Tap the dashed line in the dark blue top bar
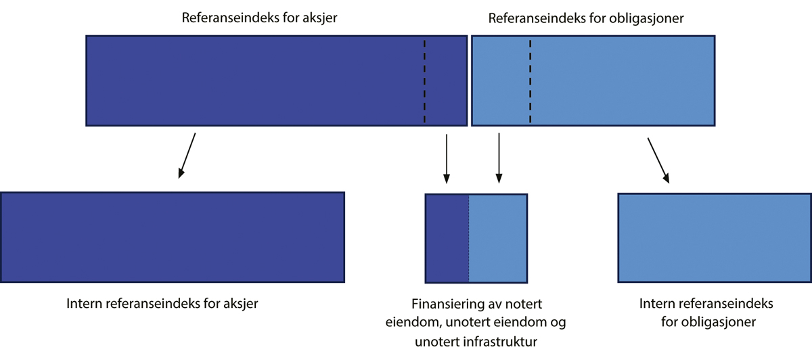pyautogui.click(x=424, y=81)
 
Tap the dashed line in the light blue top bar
pyautogui.click(x=530, y=81)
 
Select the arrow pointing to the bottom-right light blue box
pyautogui.click(x=659, y=160)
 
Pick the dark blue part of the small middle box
pyautogui.click(x=447, y=238)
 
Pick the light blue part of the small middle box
pyautogui.click(x=497, y=238)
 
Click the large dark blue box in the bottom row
pyautogui.click(x=173, y=237)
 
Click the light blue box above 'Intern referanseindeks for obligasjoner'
pyautogui.click(x=714, y=238)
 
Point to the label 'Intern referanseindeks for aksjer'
pyautogui.click(x=162, y=303)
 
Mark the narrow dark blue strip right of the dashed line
pyautogui.click(x=446, y=81)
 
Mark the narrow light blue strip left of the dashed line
pyautogui.click(x=501, y=81)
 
